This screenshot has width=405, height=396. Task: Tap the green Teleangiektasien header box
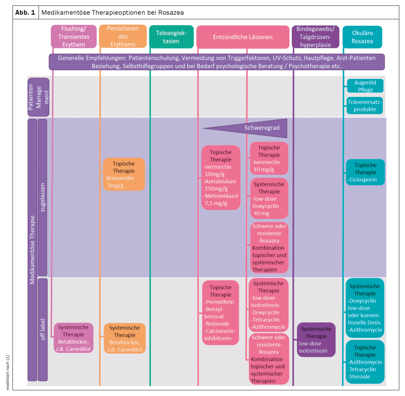[171, 37]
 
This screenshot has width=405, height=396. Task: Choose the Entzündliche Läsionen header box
[243, 37]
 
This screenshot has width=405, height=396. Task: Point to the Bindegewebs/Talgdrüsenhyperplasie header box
[316, 37]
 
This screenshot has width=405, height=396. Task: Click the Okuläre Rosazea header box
[362, 37]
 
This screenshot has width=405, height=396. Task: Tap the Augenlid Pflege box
[365, 86]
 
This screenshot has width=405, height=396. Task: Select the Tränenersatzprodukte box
[365, 105]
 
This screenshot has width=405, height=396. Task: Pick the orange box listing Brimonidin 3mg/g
[124, 174]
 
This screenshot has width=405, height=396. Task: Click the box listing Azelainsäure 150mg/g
[221, 178]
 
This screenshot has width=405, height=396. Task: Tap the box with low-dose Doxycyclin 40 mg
[269, 198]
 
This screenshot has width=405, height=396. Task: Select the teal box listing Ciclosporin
[365, 172]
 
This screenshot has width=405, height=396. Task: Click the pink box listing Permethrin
[221, 313]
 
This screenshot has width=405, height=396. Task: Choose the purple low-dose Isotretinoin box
[316, 340]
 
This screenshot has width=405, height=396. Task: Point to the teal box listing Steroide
[365, 362]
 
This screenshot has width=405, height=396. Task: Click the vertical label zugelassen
[43, 197]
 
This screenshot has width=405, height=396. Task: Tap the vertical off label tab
[43, 329]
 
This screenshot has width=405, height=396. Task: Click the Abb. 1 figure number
[25, 12]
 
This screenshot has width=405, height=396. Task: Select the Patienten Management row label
[38, 97]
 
